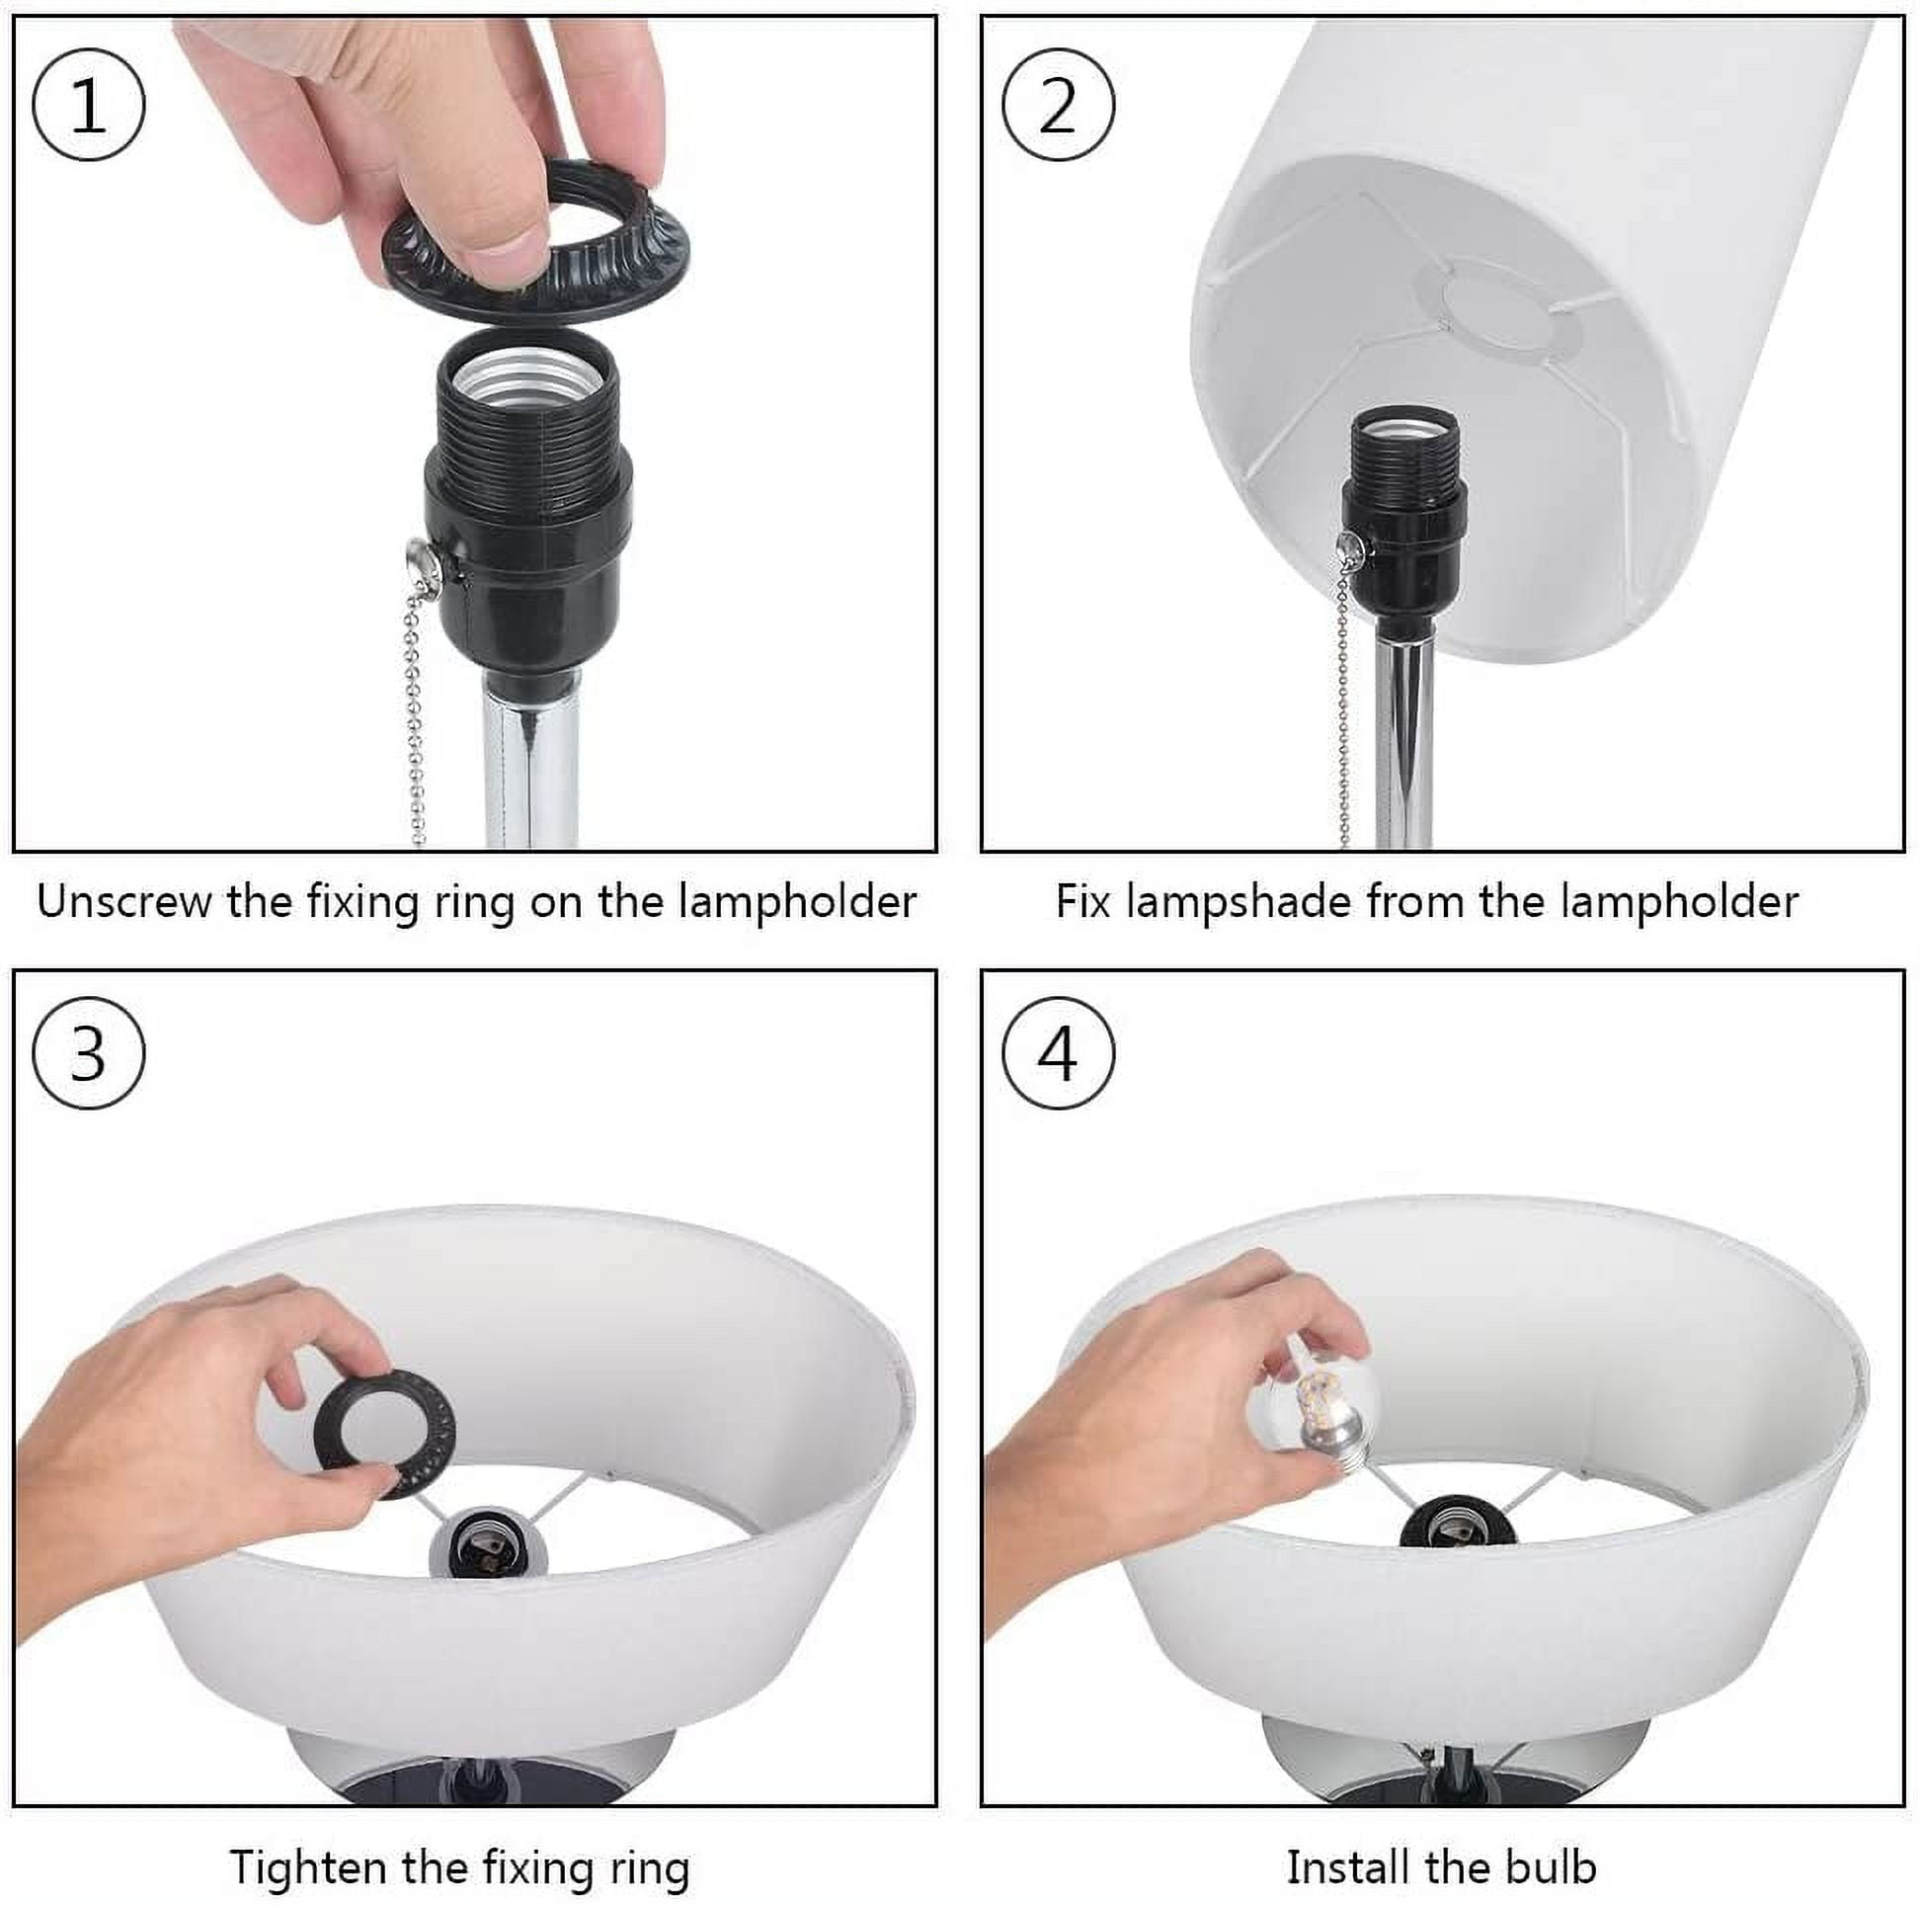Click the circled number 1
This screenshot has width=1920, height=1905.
click(x=89, y=106)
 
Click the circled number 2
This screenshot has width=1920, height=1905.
click(x=1058, y=106)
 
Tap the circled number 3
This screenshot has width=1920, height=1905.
click(x=89, y=1053)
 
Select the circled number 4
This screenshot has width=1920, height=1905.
click(x=1058, y=1053)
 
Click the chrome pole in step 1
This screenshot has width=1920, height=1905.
click(x=531, y=761)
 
